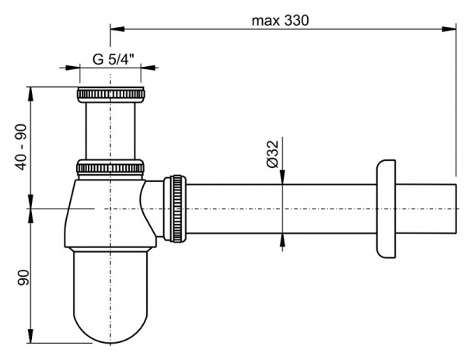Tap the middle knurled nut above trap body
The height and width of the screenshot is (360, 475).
click(x=111, y=167)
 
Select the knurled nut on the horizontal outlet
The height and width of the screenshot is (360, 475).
click(x=178, y=208)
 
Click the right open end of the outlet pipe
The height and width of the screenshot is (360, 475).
click(x=454, y=208)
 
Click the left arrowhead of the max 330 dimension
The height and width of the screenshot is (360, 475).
click(x=114, y=30)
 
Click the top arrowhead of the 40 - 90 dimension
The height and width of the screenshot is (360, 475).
click(x=31, y=90)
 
